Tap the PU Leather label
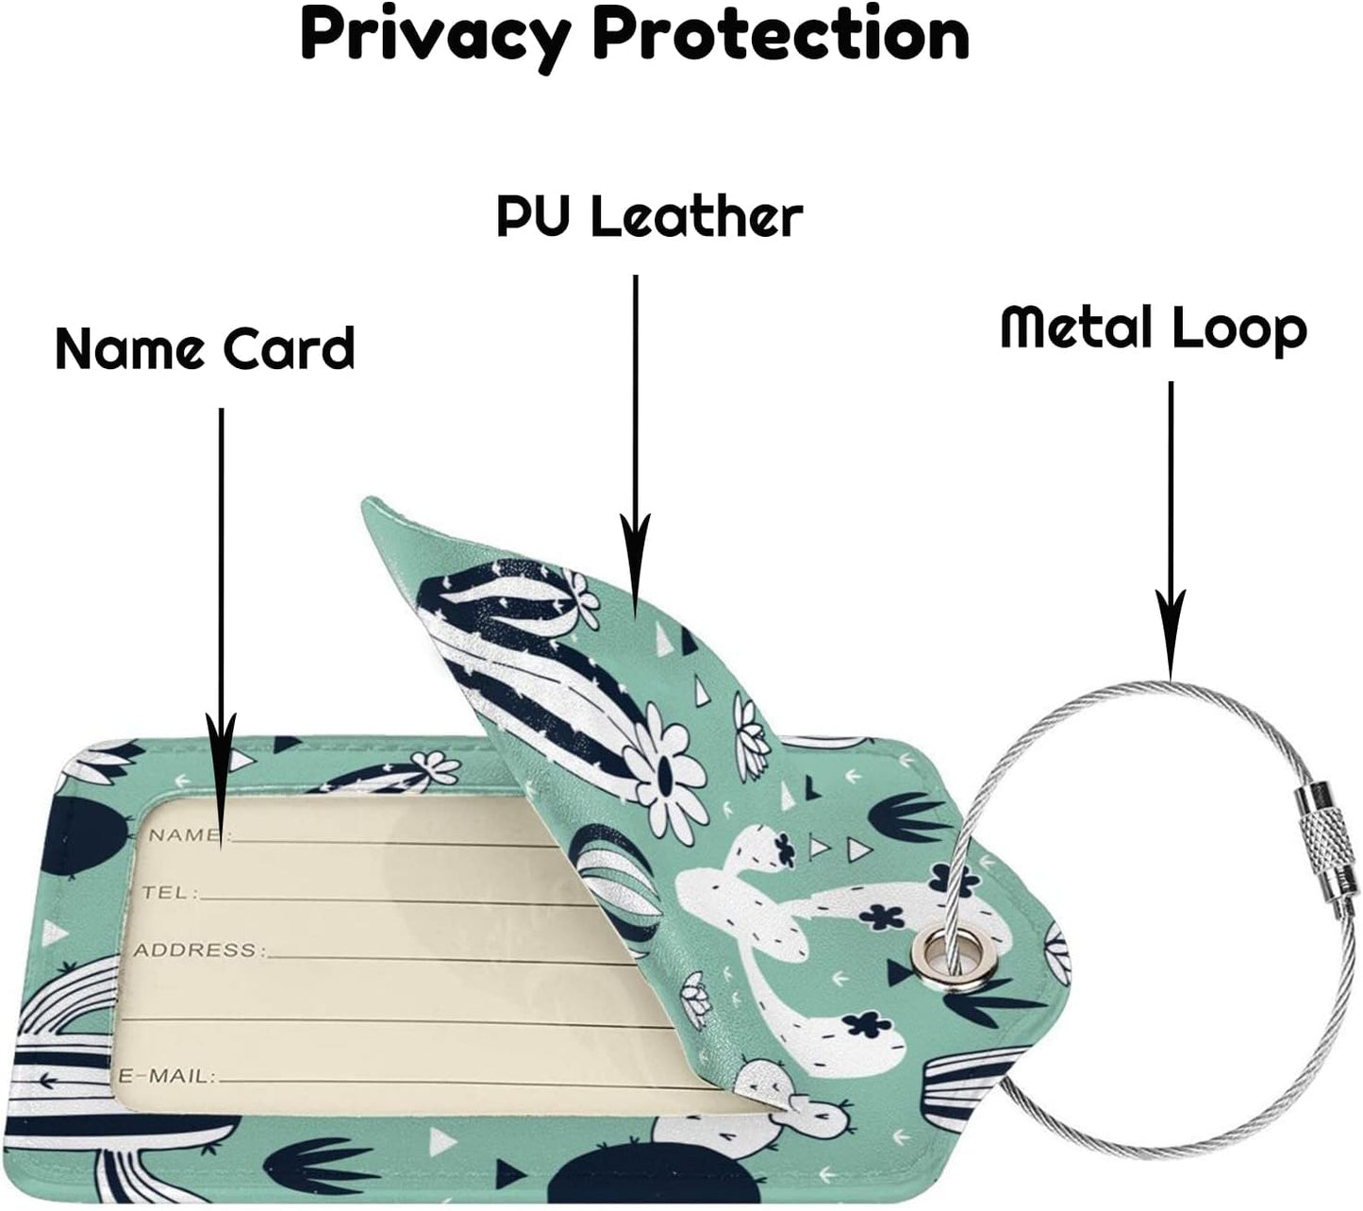pos(649,217)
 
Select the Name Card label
pos(205,348)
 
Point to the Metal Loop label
pos(1153,329)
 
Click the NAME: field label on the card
pos(185,834)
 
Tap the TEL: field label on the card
pos(169,892)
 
